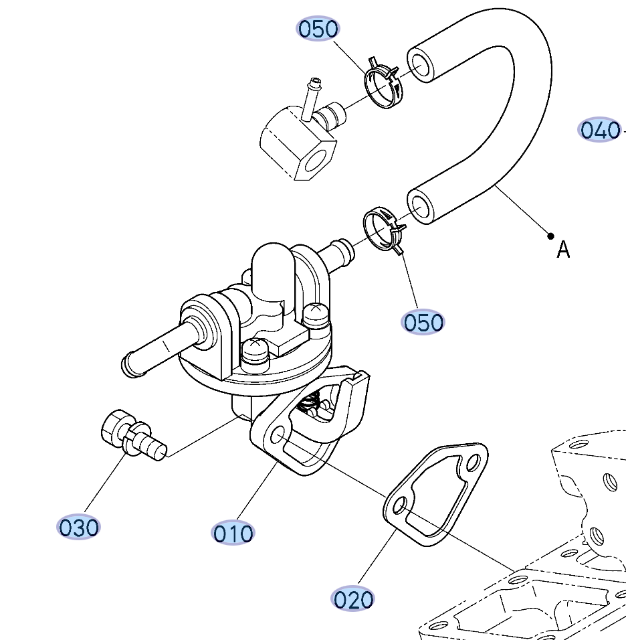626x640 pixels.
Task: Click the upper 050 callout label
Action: [x=318, y=29]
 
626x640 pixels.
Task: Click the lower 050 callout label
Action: [x=423, y=322]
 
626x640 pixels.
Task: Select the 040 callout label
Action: [x=599, y=129]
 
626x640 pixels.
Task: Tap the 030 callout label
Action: [x=79, y=527]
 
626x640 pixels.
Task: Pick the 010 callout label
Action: [x=233, y=533]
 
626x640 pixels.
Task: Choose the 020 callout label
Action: [x=353, y=599]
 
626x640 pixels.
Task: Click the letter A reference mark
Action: [x=564, y=250]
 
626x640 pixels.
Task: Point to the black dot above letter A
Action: [x=550, y=236]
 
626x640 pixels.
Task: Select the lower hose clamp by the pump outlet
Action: [x=383, y=231]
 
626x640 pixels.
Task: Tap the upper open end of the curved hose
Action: [x=421, y=65]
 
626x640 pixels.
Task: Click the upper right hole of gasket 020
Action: [x=474, y=463]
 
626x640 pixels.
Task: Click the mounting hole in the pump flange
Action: [x=277, y=437]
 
